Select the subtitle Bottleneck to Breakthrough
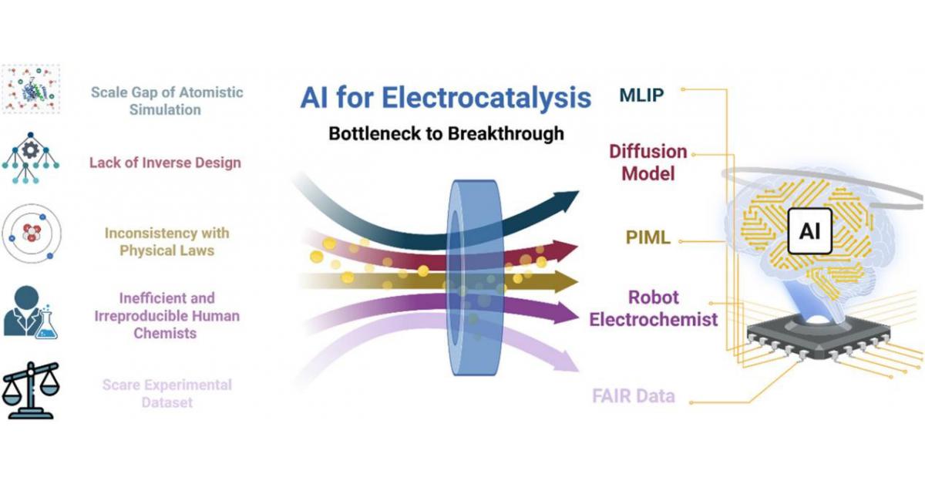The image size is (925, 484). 446,133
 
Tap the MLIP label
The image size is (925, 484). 642,96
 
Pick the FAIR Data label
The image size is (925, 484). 634,397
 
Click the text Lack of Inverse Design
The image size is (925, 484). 165,163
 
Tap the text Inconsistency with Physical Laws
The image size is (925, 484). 166,241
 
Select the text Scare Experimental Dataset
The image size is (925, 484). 166,393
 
